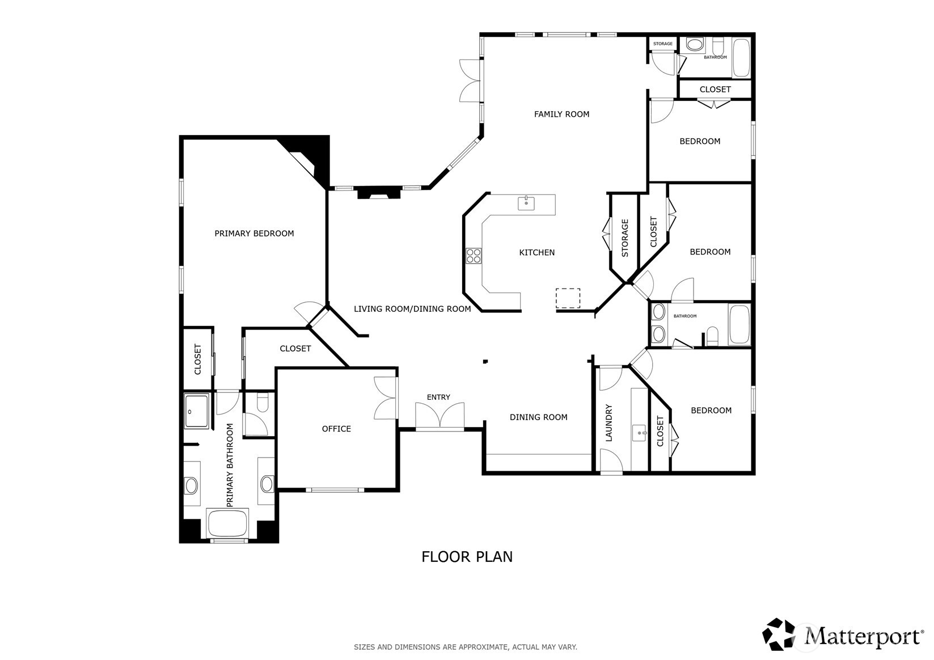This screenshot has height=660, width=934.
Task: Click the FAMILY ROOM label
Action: pos(561,114)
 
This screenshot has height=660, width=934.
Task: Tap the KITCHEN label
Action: pos(536,252)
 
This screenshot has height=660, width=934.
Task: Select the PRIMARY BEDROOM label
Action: pos(254,234)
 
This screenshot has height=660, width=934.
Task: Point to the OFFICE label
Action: pos(336,429)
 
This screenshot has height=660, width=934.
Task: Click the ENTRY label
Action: pos(438,397)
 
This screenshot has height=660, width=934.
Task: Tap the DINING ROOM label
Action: pos(538,417)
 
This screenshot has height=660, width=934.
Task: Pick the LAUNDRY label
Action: pos(608,422)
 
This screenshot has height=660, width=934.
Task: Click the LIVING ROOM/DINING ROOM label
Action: pos(412,309)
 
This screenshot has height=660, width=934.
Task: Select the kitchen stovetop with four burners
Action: pos(474,256)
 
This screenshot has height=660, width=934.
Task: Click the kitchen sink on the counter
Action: pos(526,203)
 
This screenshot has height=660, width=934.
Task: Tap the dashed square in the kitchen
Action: pos(568,298)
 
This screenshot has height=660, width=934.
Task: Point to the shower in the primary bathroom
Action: pos(196,411)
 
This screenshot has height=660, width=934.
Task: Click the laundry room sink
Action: pos(639,433)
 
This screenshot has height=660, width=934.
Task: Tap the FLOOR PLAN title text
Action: pos(467,557)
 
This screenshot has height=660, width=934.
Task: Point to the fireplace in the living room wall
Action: pos(379,193)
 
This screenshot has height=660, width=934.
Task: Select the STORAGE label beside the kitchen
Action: pos(624,238)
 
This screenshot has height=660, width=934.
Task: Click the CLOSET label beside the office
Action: pos(295,349)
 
